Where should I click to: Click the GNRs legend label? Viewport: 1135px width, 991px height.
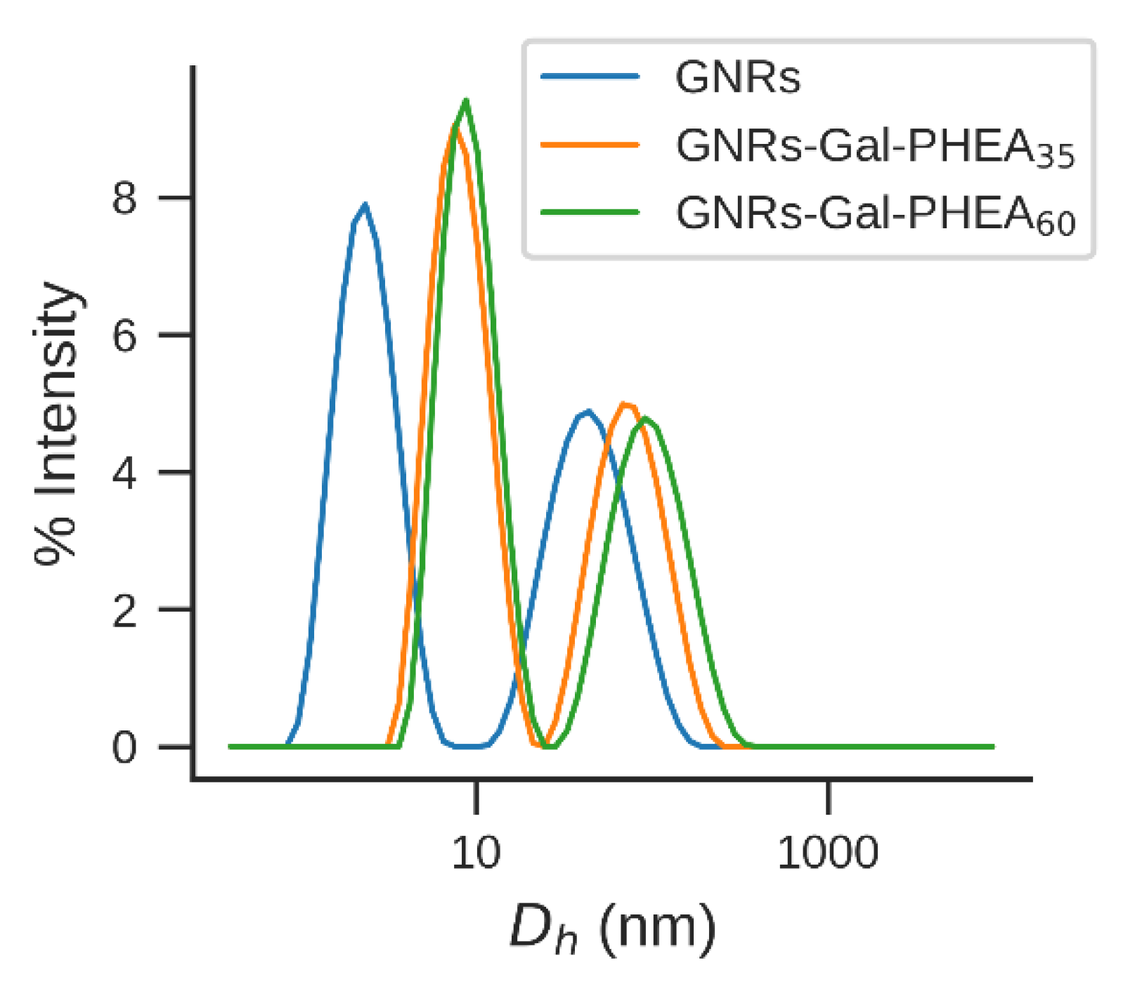pyautogui.click(x=737, y=77)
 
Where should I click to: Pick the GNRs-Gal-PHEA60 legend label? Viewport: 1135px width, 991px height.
pyautogui.click(x=875, y=214)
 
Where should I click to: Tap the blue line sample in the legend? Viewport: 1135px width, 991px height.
pyautogui.click(x=590, y=77)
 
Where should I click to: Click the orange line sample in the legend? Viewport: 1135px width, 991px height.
pyautogui.click(x=590, y=145)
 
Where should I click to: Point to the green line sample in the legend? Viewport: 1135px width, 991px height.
pyautogui.click(x=590, y=212)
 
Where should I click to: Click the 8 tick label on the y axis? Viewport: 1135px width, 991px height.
pyautogui.click(x=124, y=199)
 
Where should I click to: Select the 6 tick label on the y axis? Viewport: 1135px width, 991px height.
pyautogui.click(x=124, y=336)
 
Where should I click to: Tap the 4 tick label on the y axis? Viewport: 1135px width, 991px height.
pyautogui.click(x=124, y=473)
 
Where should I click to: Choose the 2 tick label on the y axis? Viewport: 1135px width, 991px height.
pyautogui.click(x=124, y=611)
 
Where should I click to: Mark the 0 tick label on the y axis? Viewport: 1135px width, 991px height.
pyautogui.click(x=124, y=748)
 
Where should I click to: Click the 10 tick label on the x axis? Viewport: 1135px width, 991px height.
pyautogui.click(x=476, y=853)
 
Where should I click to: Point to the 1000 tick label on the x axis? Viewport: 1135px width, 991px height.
pyautogui.click(x=828, y=853)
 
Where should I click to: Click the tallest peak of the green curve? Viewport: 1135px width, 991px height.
pyautogui.click(x=465, y=100)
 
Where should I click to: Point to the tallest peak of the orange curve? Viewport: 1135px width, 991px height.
pyautogui.click(x=455, y=127)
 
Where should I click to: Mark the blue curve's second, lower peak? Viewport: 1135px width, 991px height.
pyautogui.click(x=588, y=412)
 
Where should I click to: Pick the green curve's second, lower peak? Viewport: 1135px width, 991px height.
pyautogui.click(x=646, y=419)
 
